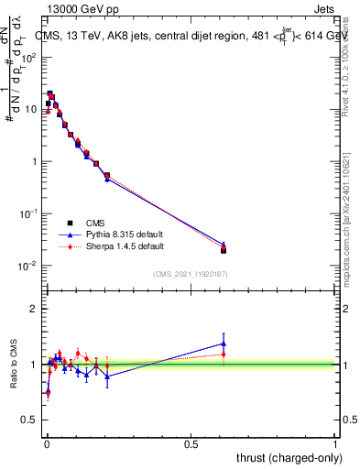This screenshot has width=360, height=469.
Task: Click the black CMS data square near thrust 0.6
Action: pyautogui.click(x=224, y=250)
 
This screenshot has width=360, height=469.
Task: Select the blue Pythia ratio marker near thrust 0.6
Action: pyautogui.click(x=224, y=344)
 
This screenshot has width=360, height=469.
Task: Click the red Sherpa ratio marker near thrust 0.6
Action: pyautogui.click(x=224, y=354)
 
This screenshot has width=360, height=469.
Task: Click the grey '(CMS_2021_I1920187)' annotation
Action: pyautogui.click(x=191, y=274)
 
